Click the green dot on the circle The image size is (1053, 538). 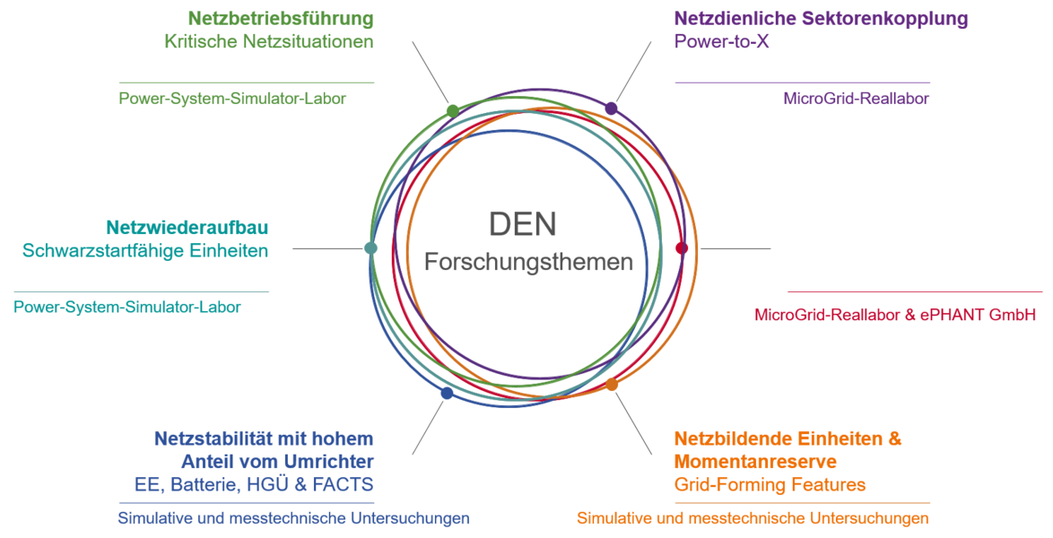point(453,111)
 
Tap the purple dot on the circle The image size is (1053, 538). point(611,108)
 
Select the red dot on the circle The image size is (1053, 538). point(682,248)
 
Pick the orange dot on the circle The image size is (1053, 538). point(612,384)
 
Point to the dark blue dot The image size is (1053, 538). point(448,393)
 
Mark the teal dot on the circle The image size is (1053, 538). point(370,247)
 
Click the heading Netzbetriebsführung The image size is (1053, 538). point(281,19)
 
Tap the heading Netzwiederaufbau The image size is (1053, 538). point(187,227)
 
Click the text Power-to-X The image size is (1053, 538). point(722,41)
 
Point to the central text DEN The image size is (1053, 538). point(523,224)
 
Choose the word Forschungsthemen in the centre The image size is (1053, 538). point(528,262)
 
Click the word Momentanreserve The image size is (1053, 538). point(755,462)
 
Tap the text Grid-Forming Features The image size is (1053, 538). point(770,485)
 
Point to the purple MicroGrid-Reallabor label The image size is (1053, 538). point(857,99)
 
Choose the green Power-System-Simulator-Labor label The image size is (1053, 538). point(232,99)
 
